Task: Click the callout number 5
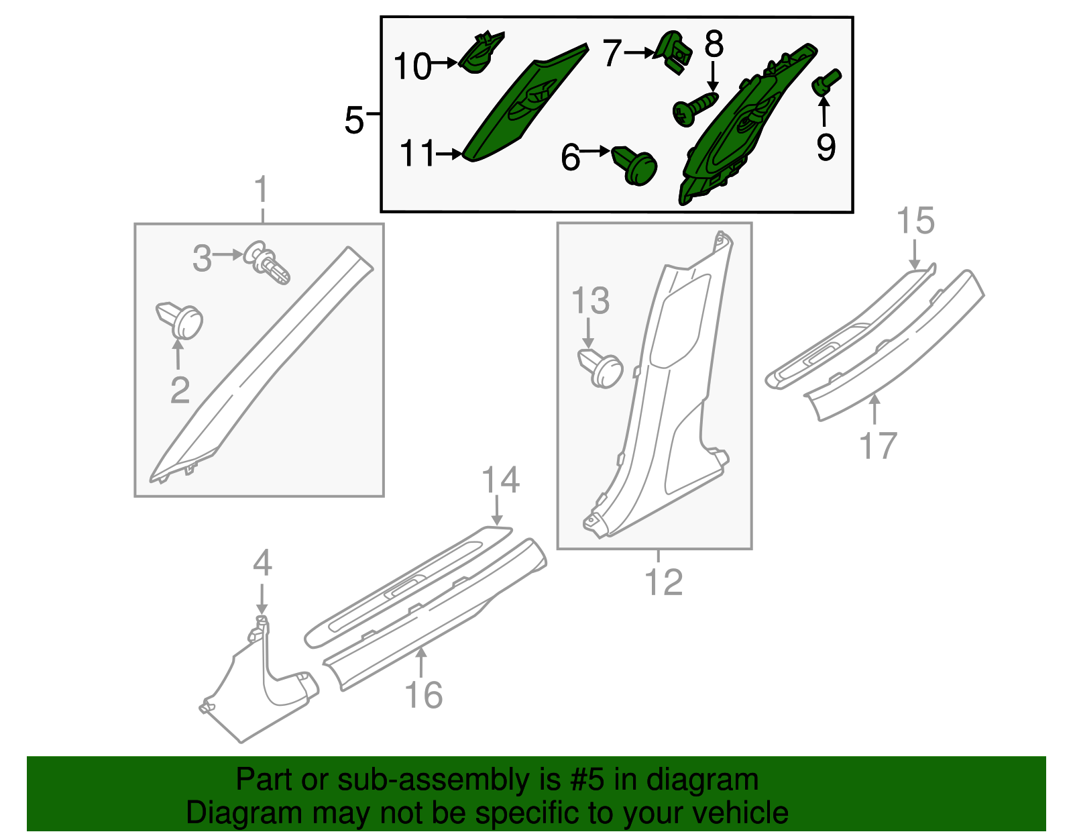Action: coord(353,121)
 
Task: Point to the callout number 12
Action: coord(663,582)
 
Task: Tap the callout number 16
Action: coord(424,695)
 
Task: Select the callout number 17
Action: coord(878,446)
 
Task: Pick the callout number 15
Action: coord(915,221)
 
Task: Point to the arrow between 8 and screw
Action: coord(712,78)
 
